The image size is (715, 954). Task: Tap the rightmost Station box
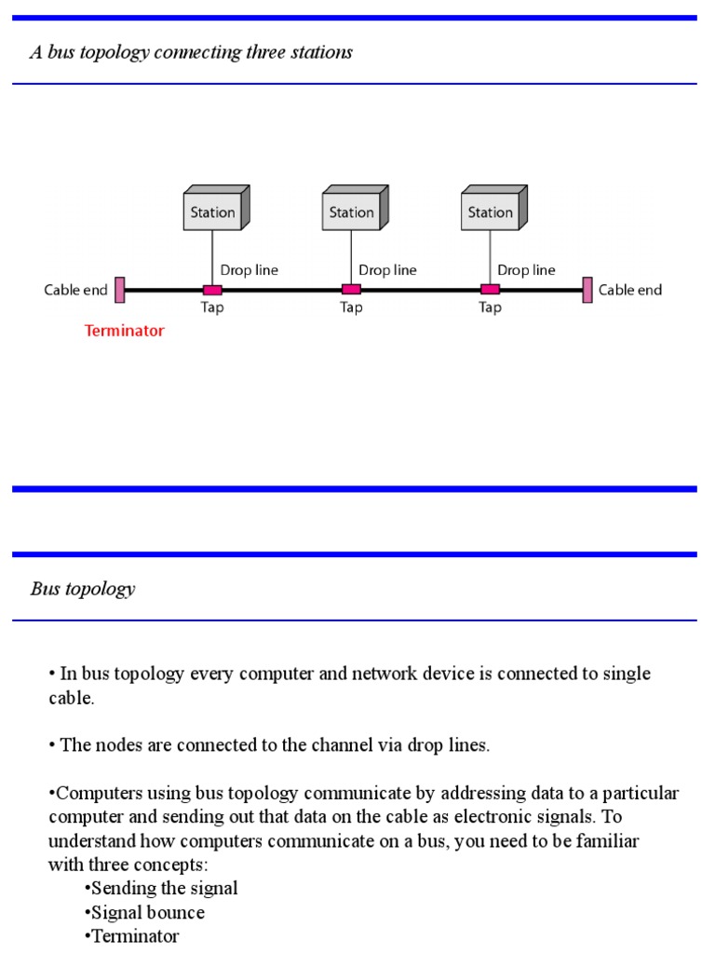(x=492, y=211)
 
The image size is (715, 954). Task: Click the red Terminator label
(x=124, y=331)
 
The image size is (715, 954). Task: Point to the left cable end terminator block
(x=120, y=290)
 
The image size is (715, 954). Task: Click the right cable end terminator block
(x=587, y=290)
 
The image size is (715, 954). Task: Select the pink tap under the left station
(x=212, y=290)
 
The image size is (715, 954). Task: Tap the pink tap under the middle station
(x=351, y=290)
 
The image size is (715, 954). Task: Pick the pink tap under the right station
(x=490, y=290)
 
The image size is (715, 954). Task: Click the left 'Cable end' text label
(x=75, y=290)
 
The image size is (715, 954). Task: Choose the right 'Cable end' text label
(x=630, y=290)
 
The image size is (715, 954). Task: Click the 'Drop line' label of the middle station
(x=387, y=270)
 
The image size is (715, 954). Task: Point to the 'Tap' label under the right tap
(x=490, y=308)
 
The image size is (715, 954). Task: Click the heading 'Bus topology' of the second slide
(x=83, y=589)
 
